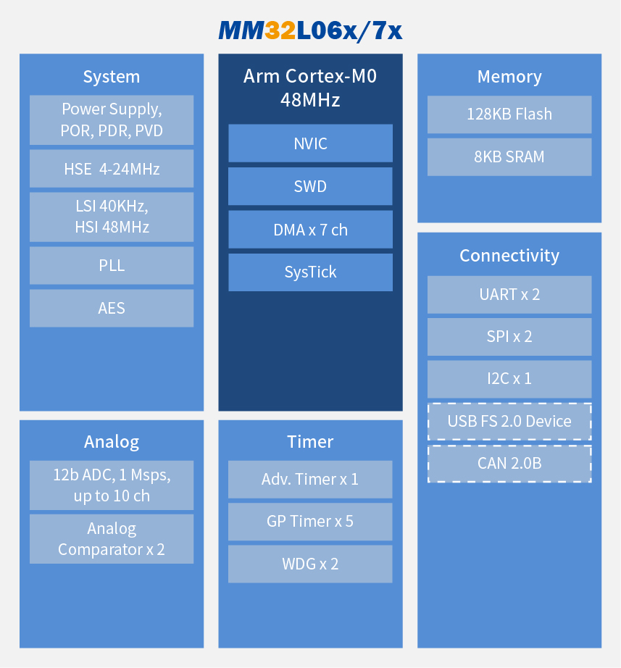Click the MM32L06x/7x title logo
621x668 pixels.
coord(310,30)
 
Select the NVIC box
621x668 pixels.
coord(310,143)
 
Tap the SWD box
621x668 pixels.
coord(310,186)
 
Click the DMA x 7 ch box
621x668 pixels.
coord(310,230)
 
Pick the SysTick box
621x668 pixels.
coord(310,272)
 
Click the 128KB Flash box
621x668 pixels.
coord(509,114)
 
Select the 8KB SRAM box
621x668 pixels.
coord(509,156)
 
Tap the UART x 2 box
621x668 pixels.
coord(509,294)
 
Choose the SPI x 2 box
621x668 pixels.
coord(509,337)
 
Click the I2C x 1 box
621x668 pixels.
coord(509,379)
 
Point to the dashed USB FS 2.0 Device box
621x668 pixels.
coord(509,422)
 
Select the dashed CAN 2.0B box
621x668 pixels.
coord(509,464)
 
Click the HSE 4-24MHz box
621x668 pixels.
coord(112,169)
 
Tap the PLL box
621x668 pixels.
coord(112,265)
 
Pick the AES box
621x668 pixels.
coord(112,308)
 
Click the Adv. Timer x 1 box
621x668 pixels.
coord(310,480)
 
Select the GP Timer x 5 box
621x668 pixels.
coord(310,522)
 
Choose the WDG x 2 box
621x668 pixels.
coord(310,564)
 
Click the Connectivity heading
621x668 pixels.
coord(509,256)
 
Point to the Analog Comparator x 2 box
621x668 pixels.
coord(112,539)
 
